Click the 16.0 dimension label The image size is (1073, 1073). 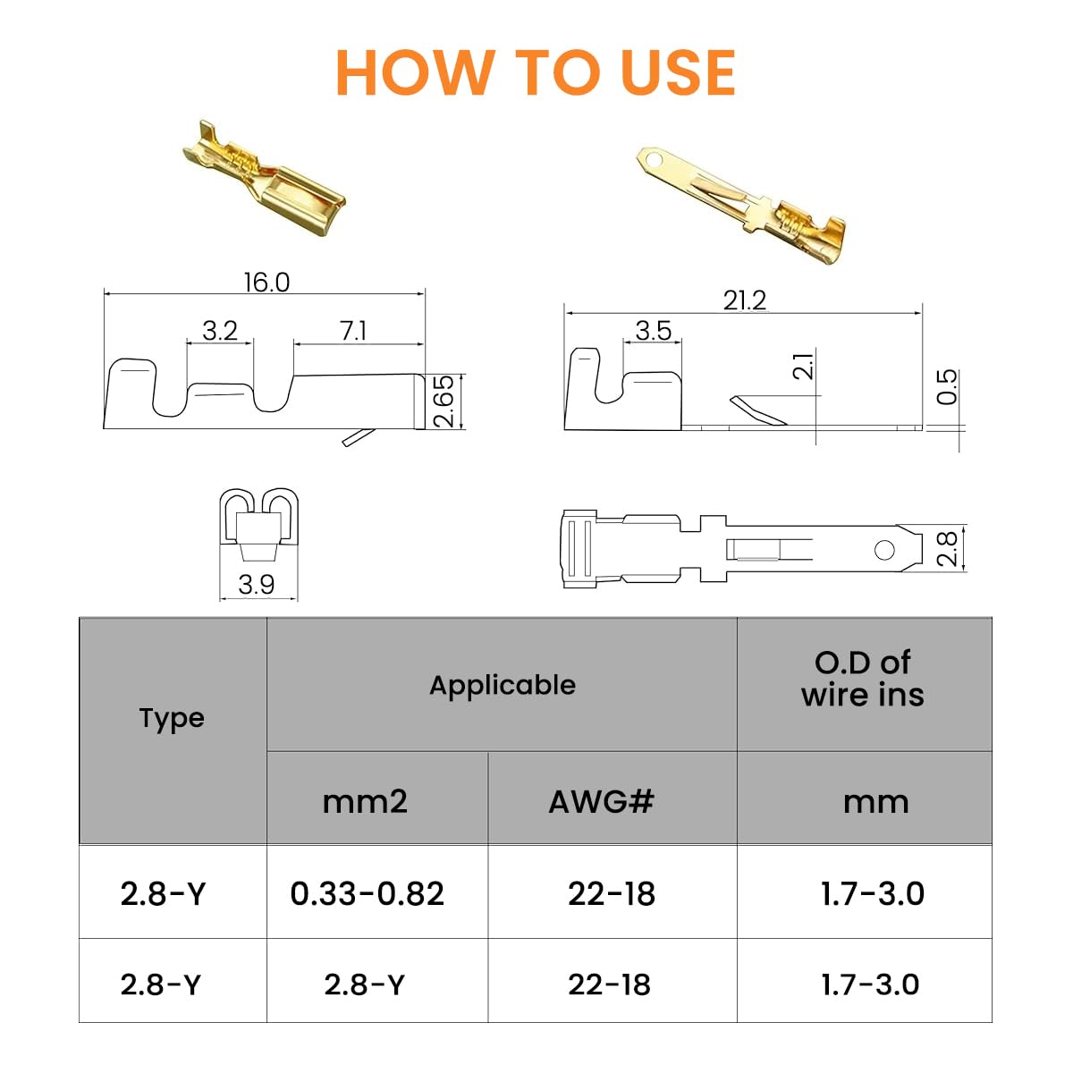click(266, 283)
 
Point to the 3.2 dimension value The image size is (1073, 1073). click(219, 331)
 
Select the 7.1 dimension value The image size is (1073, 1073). click(353, 331)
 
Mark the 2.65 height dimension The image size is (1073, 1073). click(444, 401)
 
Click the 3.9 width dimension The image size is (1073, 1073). click(257, 585)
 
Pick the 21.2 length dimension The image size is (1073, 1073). click(744, 300)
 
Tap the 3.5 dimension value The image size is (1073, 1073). click(653, 331)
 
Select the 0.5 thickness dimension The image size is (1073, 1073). click(947, 386)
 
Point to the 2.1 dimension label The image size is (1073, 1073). click(804, 366)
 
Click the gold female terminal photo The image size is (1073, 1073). click(264, 176)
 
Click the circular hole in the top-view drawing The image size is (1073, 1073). click(884, 549)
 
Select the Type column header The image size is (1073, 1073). click(172, 718)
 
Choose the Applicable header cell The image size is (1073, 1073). click(502, 685)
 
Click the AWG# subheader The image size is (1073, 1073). click(601, 801)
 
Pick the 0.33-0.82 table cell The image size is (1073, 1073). click(367, 893)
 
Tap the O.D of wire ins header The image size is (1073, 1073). click(863, 679)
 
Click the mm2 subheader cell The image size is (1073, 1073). click(365, 801)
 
